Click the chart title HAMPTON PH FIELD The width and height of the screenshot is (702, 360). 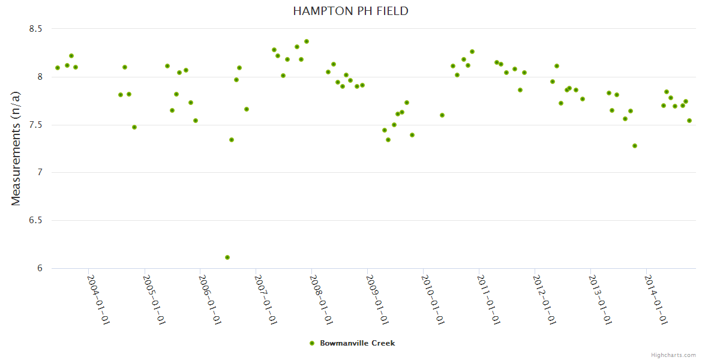click(351, 11)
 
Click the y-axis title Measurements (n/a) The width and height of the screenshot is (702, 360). click(16, 149)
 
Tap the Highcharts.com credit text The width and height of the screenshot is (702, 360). click(673, 355)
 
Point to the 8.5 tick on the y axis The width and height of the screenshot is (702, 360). click(35, 29)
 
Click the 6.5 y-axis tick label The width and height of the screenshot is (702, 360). click(35, 220)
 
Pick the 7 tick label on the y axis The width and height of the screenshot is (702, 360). click(40, 173)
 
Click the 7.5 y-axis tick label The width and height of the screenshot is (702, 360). click(35, 125)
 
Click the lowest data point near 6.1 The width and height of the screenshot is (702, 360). click(227, 257)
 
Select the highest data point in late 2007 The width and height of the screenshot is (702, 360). click(307, 41)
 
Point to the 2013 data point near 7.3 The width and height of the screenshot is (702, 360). click(635, 146)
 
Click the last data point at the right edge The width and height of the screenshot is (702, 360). click(689, 121)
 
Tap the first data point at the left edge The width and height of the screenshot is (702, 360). click(58, 68)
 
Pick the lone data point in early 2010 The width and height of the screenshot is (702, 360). click(442, 115)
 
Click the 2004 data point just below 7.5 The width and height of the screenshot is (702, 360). click(134, 127)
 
